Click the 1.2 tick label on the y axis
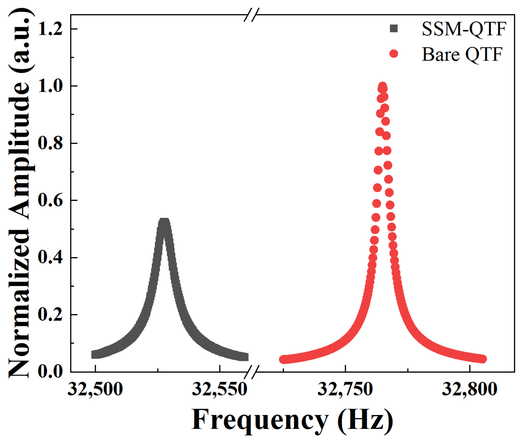50,29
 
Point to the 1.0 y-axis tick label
50,86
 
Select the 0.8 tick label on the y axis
50,143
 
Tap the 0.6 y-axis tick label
50,200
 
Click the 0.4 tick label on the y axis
50,257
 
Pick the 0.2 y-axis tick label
50,315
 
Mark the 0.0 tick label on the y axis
50,372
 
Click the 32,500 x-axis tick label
95,389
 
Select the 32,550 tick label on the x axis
220,389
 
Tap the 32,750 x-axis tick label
345,389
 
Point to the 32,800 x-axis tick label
470,389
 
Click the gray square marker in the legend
394,29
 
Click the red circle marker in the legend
394,54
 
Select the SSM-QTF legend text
464,29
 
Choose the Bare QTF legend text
462,54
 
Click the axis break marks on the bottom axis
251,372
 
